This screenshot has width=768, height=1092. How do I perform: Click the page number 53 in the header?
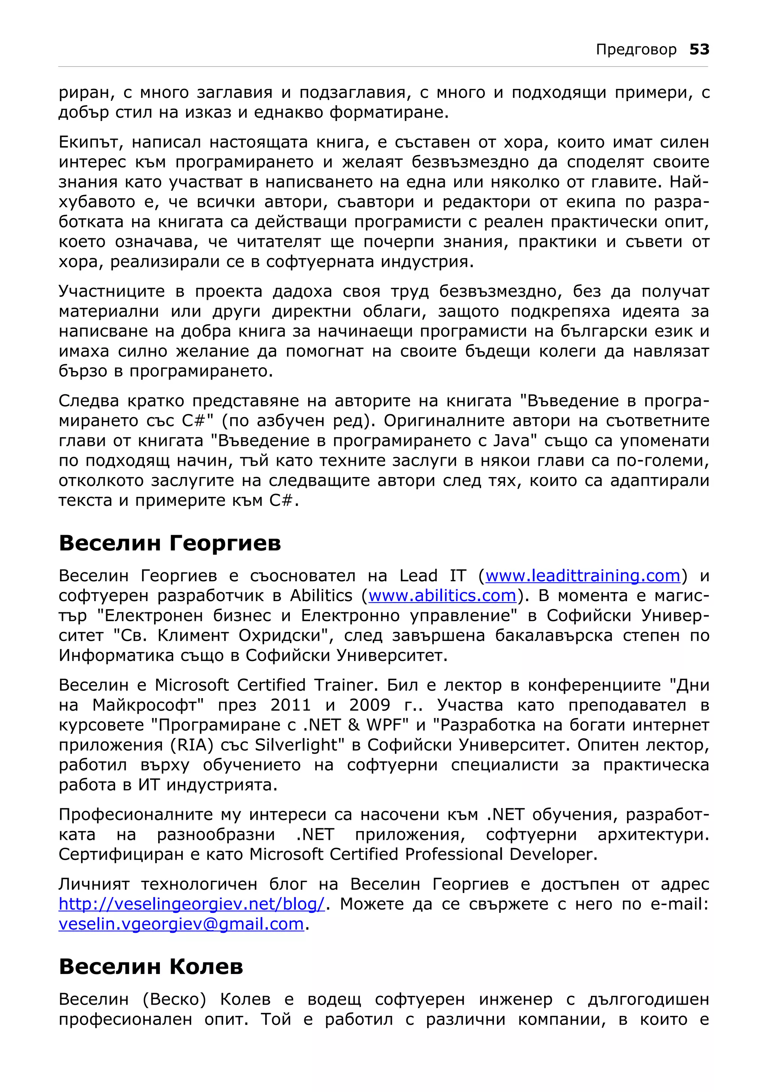pyautogui.click(x=699, y=49)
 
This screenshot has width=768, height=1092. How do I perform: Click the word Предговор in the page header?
pyautogui.click(x=636, y=49)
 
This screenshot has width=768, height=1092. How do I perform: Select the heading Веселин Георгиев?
pyautogui.click(x=169, y=543)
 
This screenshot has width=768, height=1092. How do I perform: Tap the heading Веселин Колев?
pyautogui.click(x=151, y=967)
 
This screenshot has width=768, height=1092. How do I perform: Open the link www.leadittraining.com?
pyautogui.click(x=582, y=576)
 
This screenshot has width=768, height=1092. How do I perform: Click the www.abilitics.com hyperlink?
pyautogui.click(x=442, y=596)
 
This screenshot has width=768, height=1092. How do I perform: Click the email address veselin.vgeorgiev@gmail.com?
pyautogui.click(x=181, y=924)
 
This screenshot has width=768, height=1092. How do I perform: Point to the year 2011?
pyautogui.click(x=290, y=705)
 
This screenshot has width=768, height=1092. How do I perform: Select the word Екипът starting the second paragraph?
pyautogui.click(x=91, y=142)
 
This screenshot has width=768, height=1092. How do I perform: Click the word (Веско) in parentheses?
pyautogui.click(x=174, y=999)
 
